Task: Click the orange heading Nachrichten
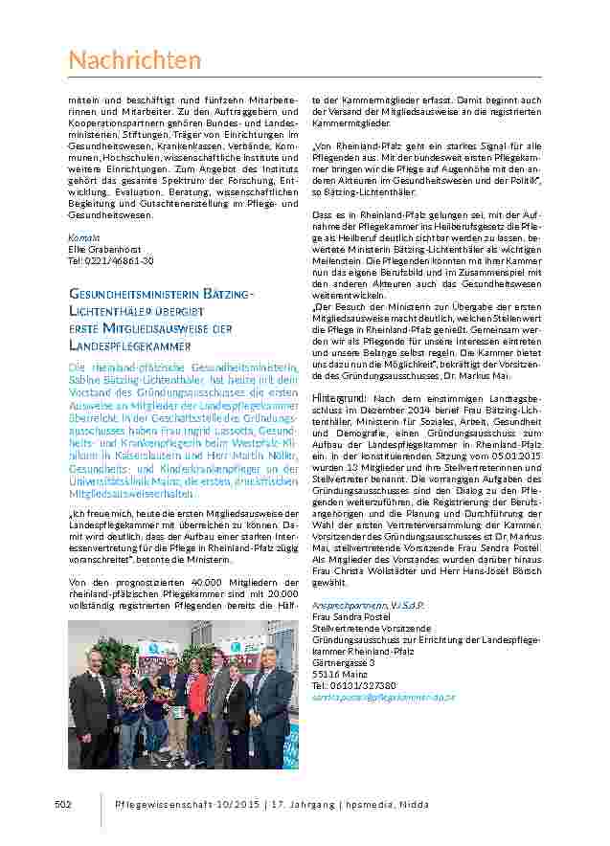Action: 135,61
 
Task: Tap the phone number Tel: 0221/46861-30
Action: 110,260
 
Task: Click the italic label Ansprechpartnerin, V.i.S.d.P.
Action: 368,605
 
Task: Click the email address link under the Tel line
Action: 383,698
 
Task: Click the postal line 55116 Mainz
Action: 339,675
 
